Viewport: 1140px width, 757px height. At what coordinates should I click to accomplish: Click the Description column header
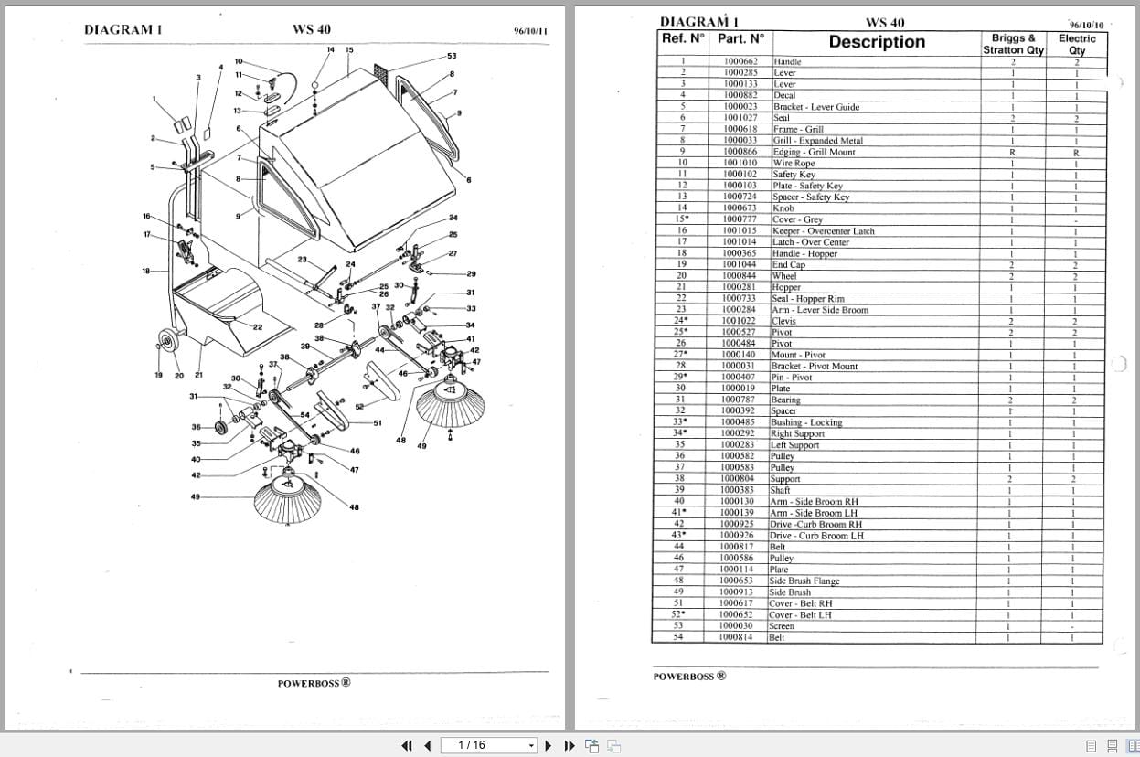click(x=876, y=42)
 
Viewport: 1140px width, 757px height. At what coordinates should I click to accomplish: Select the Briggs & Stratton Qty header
click(x=1013, y=44)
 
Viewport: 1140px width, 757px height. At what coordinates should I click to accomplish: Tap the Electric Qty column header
click(x=1077, y=44)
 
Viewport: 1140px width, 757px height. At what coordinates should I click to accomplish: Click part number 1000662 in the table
click(x=740, y=61)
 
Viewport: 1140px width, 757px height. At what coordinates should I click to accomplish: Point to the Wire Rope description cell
click(x=794, y=163)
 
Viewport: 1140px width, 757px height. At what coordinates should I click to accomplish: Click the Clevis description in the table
click(x=784, y=321)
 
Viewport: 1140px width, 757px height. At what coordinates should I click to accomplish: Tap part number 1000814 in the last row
click(x=736, y=637)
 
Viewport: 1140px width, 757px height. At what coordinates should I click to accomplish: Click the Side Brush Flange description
click(x=804, y=581)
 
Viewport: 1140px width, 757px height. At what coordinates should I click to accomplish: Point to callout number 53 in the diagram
click(x=452, y=57)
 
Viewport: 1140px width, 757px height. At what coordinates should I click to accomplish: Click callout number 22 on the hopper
click(x=257, y=327)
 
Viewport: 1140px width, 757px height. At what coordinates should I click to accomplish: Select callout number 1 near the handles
click(x=154, y=100)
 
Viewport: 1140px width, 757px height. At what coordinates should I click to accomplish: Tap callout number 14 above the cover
click(x=330, y=49)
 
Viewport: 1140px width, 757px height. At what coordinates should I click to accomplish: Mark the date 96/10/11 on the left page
click(x=530, y=31)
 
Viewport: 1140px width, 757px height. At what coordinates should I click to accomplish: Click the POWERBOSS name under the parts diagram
click(x=314, y=682)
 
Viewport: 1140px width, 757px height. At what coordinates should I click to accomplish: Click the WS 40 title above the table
click(x=884, y=23)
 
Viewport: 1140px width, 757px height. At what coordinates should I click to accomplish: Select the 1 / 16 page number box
click(x=488, y=745)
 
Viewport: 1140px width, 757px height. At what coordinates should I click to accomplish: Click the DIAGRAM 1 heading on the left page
click(x=123, y=29)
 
